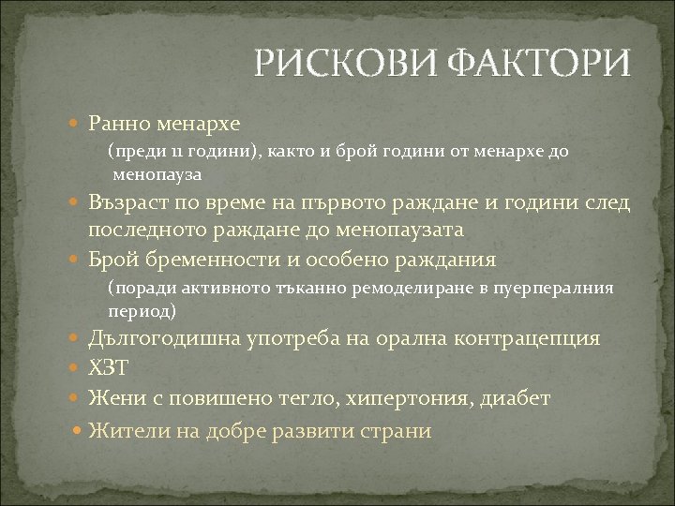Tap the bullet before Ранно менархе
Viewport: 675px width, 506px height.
pyautogui.click(x=78, y=123)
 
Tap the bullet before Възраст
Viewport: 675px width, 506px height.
pyautogui.click(x=78, y=200)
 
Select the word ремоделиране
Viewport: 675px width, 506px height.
pyautogui.click(x=408, y=288)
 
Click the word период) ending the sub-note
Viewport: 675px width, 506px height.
pyautogui.click(x=142, y=310)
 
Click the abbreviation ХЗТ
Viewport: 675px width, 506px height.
pyautogui.click(x=107, y=368)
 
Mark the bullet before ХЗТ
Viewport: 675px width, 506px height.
pyautogui.click(x=78, y=368)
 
